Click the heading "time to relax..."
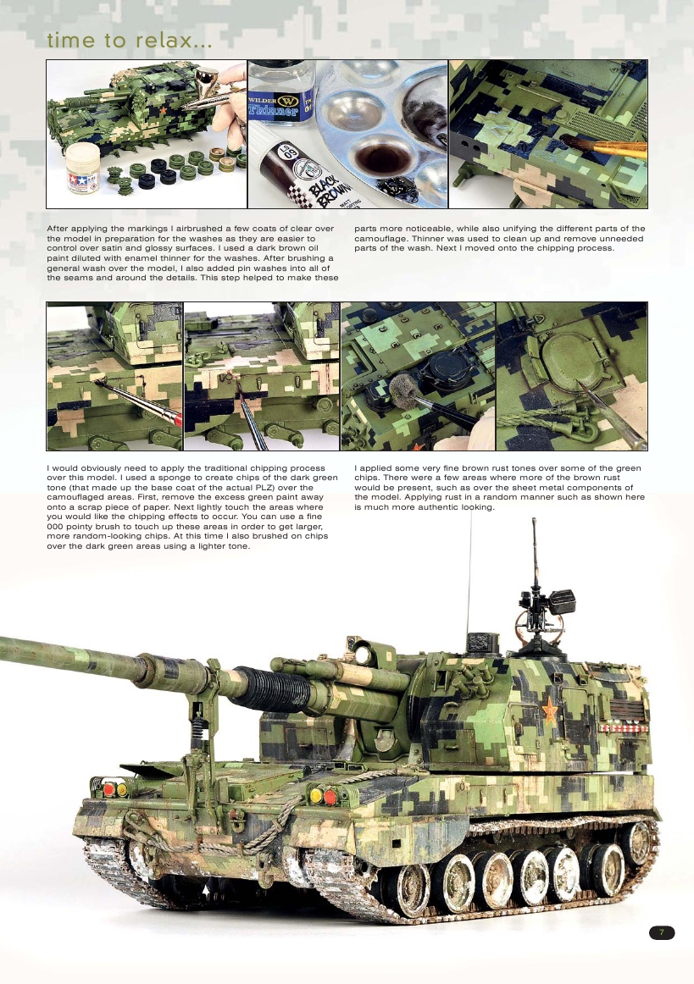(x=129, y=41)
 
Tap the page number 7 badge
(x=662, y=932)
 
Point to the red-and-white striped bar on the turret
(x=624, y=727)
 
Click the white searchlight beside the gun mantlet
(x=362, y=652)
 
